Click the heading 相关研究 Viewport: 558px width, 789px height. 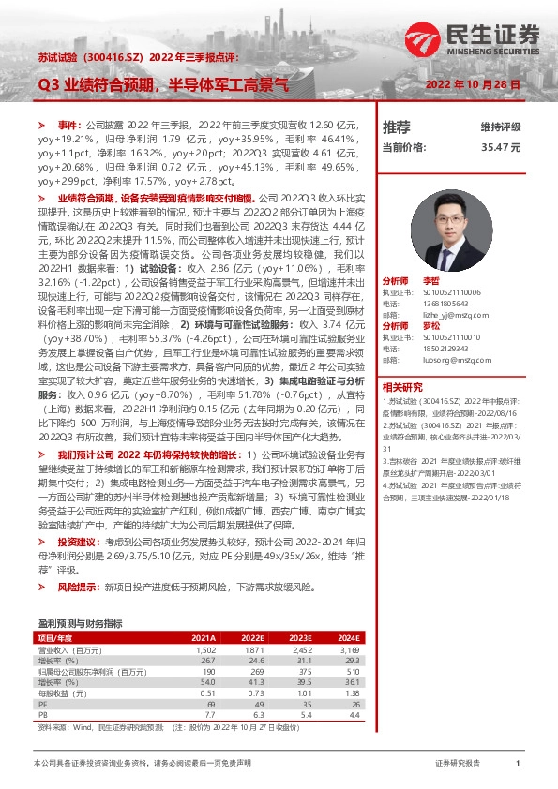click(402, 387)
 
